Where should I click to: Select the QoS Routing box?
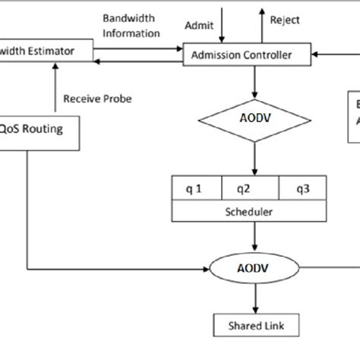(x=38, y=129)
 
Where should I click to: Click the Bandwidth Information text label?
(x=131, y=25)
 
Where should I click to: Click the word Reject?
(x=286, y=20)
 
